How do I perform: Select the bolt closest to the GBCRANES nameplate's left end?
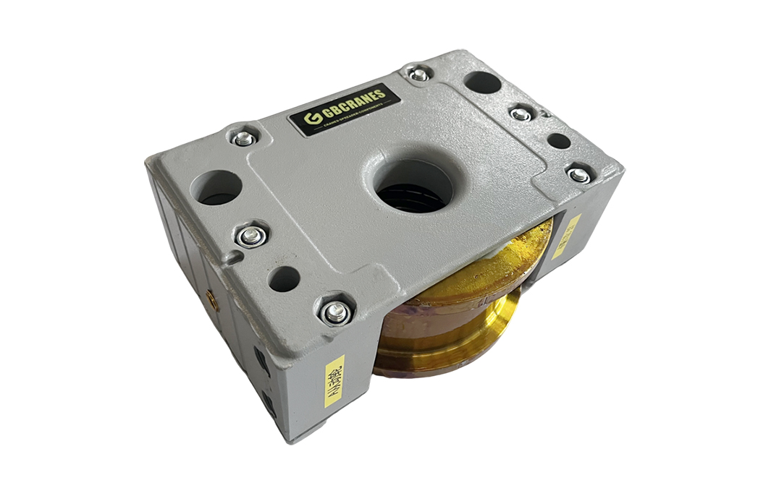244,138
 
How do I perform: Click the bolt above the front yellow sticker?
334,312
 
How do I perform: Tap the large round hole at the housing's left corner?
215,187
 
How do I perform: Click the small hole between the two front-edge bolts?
285,278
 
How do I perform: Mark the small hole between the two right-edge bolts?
558,140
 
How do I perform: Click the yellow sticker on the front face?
334,380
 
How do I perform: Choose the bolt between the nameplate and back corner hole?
418,74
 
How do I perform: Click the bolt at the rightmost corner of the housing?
579,174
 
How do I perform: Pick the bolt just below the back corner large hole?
521,114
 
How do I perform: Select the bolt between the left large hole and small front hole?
251,234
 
